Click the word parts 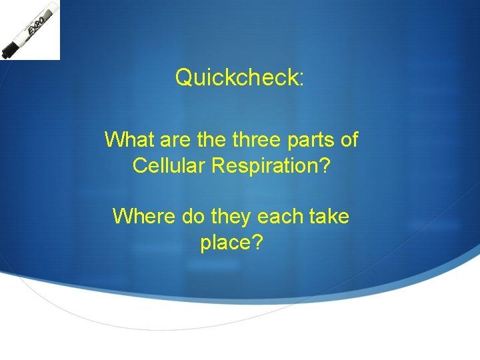(311, 140)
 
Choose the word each (279, 216)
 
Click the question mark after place (257, 242)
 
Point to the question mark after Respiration (323, 165)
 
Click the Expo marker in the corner (30, 29)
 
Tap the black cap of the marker (11, 48)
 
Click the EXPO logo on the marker (36, 25)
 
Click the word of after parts (349, 140)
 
